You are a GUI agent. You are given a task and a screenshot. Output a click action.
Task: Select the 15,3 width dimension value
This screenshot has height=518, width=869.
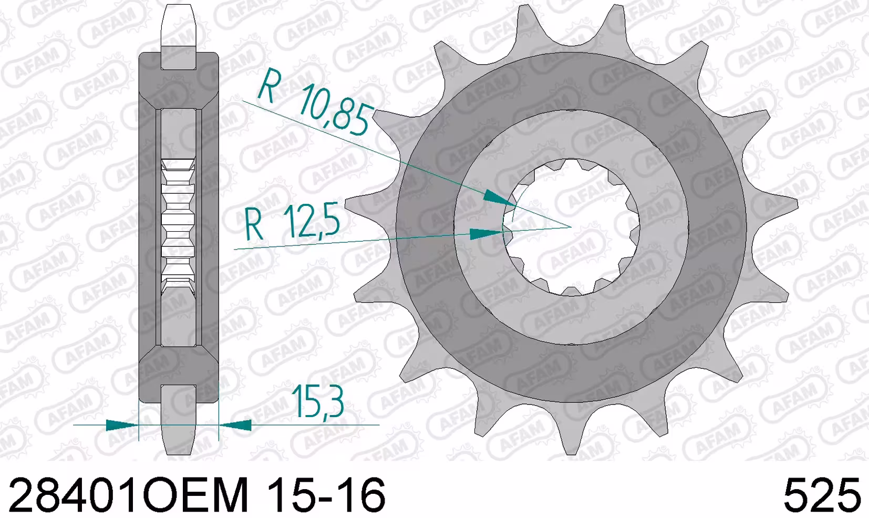tap(317, 401)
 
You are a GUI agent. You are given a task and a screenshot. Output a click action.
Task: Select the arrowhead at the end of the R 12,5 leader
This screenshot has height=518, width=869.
tap(487, 234)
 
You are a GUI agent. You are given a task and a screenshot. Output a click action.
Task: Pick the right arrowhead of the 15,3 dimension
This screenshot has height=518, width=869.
tap(235, 425)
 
